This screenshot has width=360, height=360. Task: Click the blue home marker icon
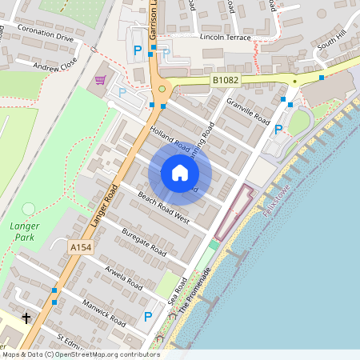(180, 173)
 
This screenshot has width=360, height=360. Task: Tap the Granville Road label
(249, 112)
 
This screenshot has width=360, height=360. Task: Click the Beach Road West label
(163, 207)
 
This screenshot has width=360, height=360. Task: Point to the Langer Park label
(24, 232)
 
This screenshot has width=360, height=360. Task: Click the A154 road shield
(81, 248)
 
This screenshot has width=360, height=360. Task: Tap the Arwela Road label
(124, 277)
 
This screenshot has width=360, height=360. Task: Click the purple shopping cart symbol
(101, 80)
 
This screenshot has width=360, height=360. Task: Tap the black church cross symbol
(26, 318)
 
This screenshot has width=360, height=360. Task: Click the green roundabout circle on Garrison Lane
(162, 90)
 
